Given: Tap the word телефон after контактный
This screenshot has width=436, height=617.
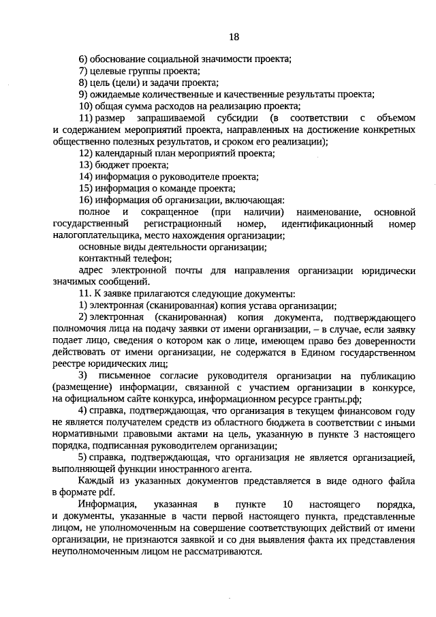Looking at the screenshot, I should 151,259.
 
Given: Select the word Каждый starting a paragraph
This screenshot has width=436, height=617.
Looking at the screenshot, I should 95,481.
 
